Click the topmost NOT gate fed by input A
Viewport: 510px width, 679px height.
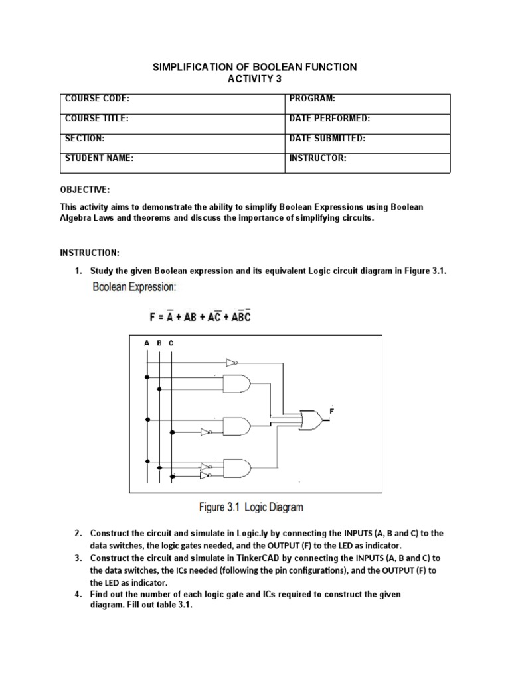pyautogui.click(x=231, y=363)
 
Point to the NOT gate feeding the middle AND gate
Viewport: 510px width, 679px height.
pyautogui.click(x=207, y=432)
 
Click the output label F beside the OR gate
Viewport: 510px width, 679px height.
pyautogui.click(x=331, y=412)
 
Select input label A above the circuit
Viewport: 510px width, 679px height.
pyautogui.click(x=146, y=343)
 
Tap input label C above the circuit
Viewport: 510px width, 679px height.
pyautogui.click(x=171, y=343)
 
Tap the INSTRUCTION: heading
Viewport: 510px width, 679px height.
pyautogui.click(x=90, y=253)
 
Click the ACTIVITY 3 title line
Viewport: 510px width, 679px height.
pyautogui.click(x=255, y=79)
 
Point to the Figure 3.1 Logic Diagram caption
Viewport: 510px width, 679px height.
pyautogui.click(x=251, y=507)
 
